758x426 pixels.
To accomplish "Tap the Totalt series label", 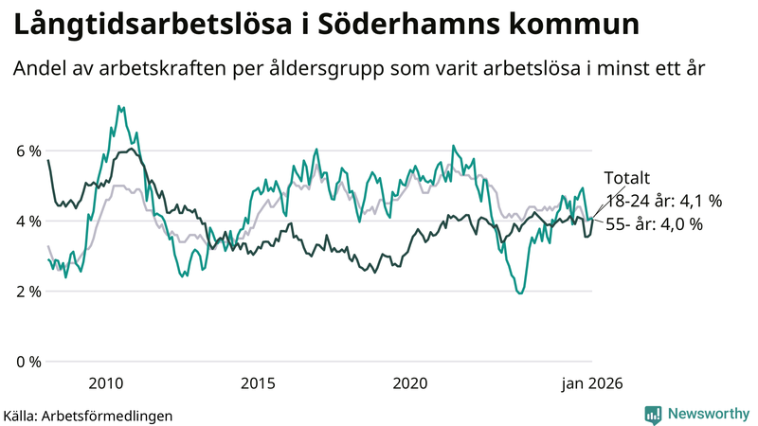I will click(626, 178).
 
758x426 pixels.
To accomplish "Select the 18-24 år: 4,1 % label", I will click(663, 201).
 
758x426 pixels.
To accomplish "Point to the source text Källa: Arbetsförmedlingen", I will click(88, 415).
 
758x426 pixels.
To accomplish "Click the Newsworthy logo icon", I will click(653, 414).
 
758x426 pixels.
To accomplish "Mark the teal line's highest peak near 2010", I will click(118, 106).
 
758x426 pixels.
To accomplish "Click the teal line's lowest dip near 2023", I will click(519, 293).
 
